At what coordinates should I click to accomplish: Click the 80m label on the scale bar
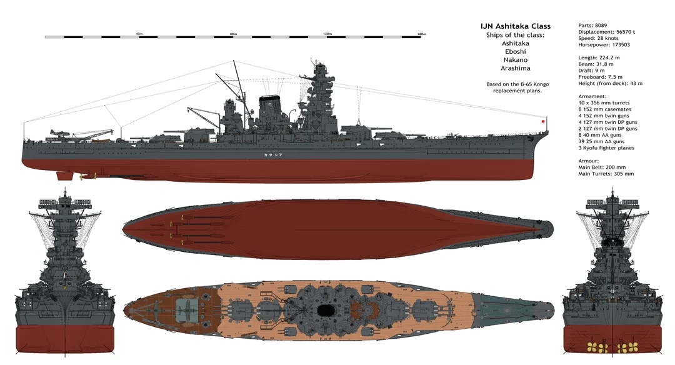[x=233, y=34]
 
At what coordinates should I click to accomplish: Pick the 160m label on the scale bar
[x=421, y=34]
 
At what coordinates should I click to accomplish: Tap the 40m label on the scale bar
[x=139, y=34]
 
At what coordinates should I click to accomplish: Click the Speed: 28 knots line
[x=598, y=38]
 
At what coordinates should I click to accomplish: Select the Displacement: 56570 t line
[x=606, y=32]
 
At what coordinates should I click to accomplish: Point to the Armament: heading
[x=592, y=96]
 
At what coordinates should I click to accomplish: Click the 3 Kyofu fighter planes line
[x=606, y=148]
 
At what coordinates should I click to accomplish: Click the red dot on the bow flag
[x=543, y=121]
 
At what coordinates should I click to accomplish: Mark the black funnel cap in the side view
[x=269, y=97]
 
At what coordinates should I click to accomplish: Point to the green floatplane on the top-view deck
[x=184, y=308]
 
